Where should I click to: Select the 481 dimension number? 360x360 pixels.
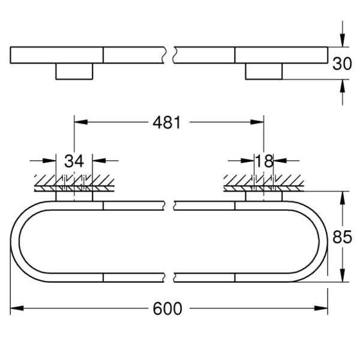167,122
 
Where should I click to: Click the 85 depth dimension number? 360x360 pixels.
342,238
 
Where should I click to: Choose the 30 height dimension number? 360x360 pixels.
342,64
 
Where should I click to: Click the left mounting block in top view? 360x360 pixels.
74,71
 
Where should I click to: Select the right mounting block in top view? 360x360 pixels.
264,71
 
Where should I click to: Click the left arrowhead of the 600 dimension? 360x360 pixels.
17,309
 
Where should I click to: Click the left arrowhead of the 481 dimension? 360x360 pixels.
80,122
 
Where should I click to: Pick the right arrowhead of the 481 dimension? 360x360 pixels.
257,122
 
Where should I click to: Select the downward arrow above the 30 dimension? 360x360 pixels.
342,40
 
